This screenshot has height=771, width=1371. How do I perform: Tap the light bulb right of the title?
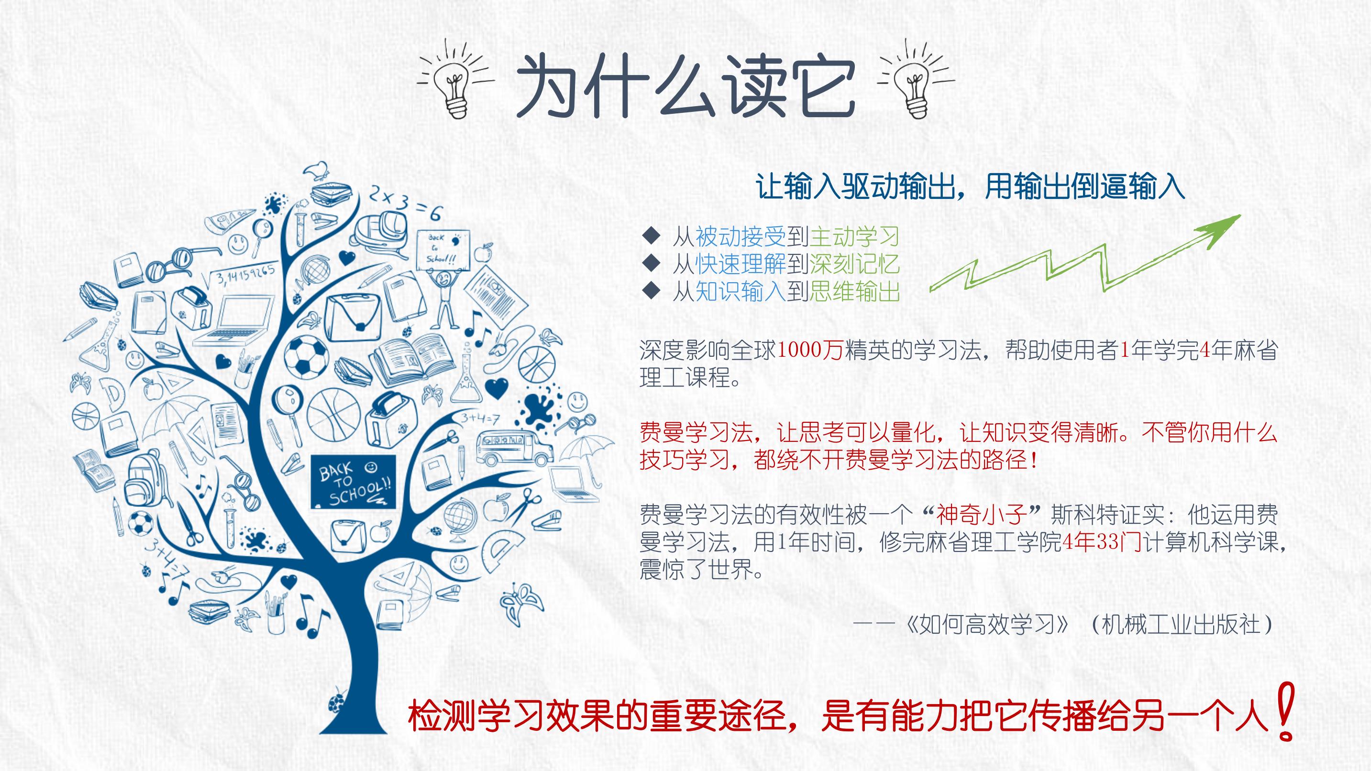pyautogui.click(x=916, y=80)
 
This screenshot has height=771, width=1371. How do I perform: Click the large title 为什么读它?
pyautogui.click(x=685, y=85)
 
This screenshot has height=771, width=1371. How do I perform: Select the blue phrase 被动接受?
pyautogui.click(x=741, y=237)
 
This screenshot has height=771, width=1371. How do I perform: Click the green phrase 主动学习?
pyautogui.click(x=854, y=237)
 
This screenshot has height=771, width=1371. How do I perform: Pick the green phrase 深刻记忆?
pyautogui.click(x=854, y=264)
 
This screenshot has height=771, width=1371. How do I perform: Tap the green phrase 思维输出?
pyautogui.click(x=854, y=292)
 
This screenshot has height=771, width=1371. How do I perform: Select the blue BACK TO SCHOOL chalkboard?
pyautogui.click(x=353, y=482)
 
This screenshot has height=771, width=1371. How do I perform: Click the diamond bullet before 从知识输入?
pyautogui.click(x=651, y=290)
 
